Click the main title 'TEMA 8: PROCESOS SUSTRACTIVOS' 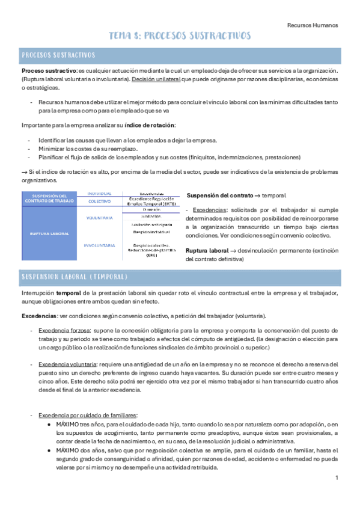point(180,37)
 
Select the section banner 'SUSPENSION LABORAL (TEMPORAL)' point(75,277)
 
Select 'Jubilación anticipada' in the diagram point(151,224)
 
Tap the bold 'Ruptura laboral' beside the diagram point(207,250)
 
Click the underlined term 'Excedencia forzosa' point(63,330)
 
